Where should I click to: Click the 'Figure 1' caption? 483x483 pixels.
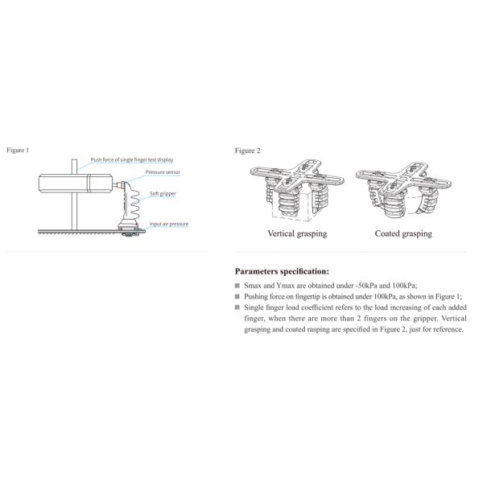click(18, 151)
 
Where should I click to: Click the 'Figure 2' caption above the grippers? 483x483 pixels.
click(247, 151)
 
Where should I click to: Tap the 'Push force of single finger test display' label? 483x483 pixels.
click(137, 160)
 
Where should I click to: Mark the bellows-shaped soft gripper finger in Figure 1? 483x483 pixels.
click(128, 211)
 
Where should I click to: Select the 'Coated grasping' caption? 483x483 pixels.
click(403, 233)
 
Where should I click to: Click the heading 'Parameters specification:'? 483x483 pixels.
click(282, 271)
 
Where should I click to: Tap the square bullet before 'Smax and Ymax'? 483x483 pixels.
click(237, 286)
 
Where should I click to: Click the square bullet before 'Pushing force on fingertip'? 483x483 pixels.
click(237, 296)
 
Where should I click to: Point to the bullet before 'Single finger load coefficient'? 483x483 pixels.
click(237, 307)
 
